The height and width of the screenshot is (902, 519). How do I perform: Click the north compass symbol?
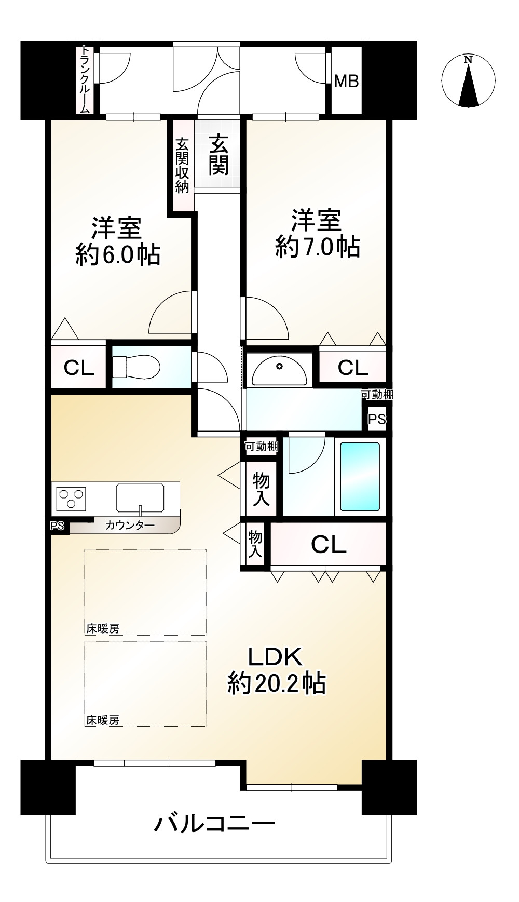click(x=468, y=82)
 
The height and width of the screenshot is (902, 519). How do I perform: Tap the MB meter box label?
click(x=346, y=81)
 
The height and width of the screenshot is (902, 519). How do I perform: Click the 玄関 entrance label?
click(x=218, y=154)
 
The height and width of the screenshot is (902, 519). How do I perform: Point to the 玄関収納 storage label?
click(x=182, y=166)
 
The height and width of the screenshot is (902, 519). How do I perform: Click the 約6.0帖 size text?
click(x=118, y=255)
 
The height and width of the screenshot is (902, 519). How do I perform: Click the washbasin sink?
click(x=279, y=369)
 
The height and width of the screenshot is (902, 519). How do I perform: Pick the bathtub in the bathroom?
click(x=360, y=477)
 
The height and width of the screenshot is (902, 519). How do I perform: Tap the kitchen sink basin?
click(x=140, y=497)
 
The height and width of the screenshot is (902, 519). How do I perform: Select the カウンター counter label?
click(x=130, y=525)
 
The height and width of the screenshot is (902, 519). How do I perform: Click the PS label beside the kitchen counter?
click(x=57, y=526)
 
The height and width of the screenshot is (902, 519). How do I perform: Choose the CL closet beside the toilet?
click(x=78, y=368)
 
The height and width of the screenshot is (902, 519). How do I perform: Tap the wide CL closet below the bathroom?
click(x=329, y=544)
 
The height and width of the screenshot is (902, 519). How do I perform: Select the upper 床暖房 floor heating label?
click(x=103, y=628)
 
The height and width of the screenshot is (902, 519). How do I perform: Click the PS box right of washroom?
click(x=377, y=419)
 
